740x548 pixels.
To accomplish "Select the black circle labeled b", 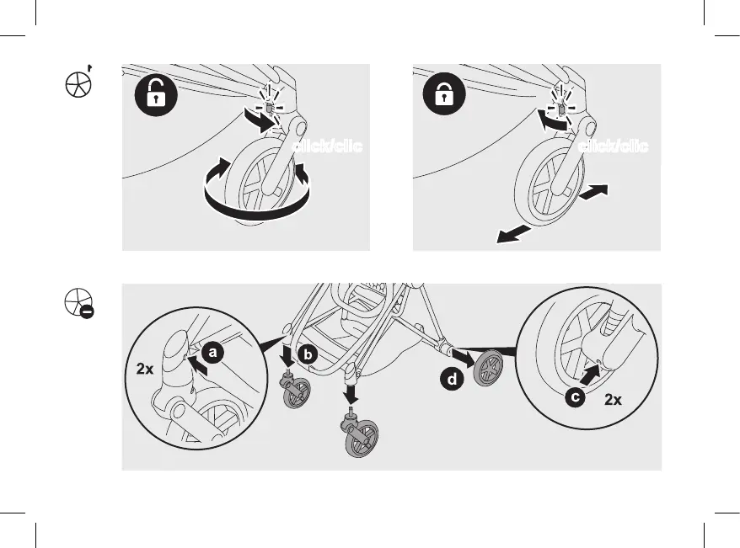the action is point(308,355).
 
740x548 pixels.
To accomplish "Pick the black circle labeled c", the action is point(575,397).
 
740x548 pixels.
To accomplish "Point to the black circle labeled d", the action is point(453,380).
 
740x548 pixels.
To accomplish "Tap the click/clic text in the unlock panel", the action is point(327,147).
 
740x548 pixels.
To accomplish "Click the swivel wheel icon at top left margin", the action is point(78,84).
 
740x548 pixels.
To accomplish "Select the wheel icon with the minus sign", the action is point(78,301).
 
